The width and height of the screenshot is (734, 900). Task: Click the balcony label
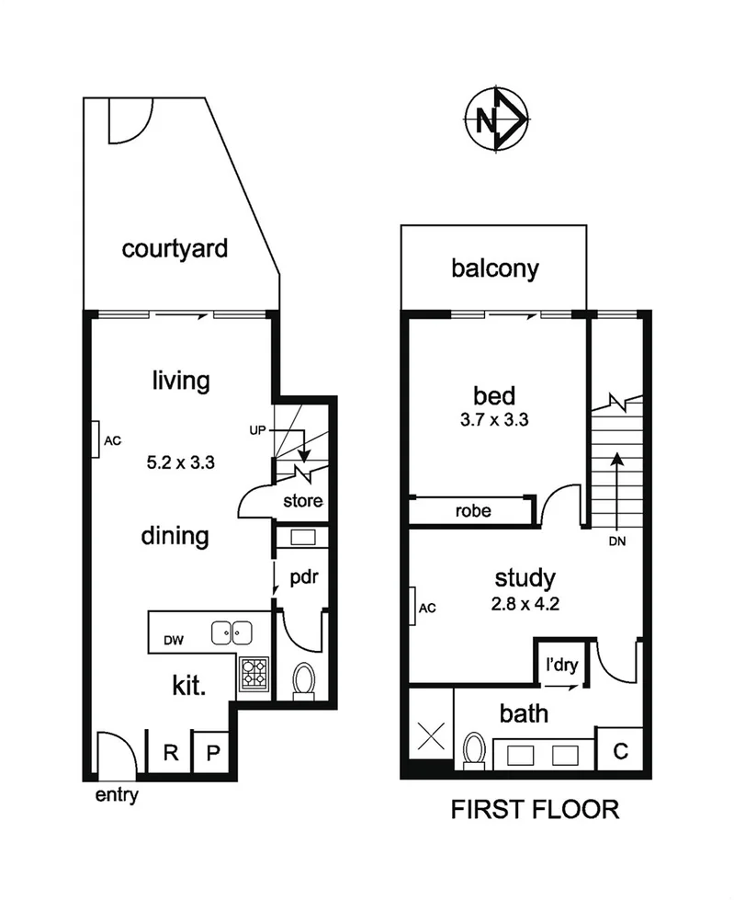(494, 269)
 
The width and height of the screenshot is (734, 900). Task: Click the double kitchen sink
(231, 632)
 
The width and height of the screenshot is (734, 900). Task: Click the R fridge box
(169, 752)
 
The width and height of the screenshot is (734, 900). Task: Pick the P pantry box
(212, 752)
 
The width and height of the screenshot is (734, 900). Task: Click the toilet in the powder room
(302, 681)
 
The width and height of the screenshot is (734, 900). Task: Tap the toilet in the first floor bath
(474, 748)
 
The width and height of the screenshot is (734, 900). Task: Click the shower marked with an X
(430, 736)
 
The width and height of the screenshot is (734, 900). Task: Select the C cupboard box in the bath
(620, 750)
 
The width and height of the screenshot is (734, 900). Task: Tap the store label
(301, 501)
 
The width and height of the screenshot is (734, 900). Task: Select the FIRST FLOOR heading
(534, 810)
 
